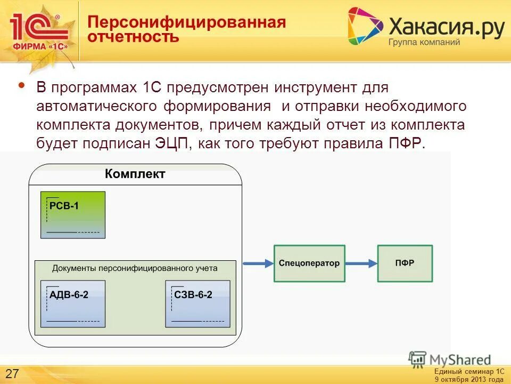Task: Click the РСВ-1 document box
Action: (x=73, y=214)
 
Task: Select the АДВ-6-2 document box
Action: (x=73, y=303)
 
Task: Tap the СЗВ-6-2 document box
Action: (x=198, y=303)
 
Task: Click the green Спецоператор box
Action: (x=309, y=263)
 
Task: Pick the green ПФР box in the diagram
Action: (x=405, y=263)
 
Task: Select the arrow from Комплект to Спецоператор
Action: (x=258, y=263)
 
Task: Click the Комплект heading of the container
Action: (x=135, y=174)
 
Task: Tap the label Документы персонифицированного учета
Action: (x=135, y=268)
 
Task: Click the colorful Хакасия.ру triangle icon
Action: (x=364, y=26)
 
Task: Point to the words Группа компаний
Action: (x=424, y=42)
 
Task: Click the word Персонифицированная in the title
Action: (x=187, y=22)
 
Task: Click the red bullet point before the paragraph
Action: (x=21, y=85)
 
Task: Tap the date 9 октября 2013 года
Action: (x=468, y=379)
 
